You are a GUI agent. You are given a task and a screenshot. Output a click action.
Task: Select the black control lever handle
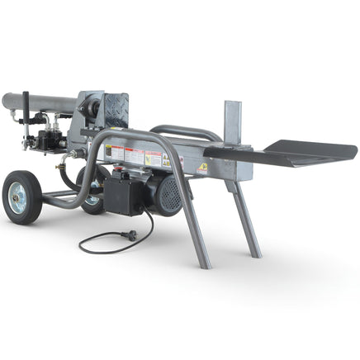[26, 108]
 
